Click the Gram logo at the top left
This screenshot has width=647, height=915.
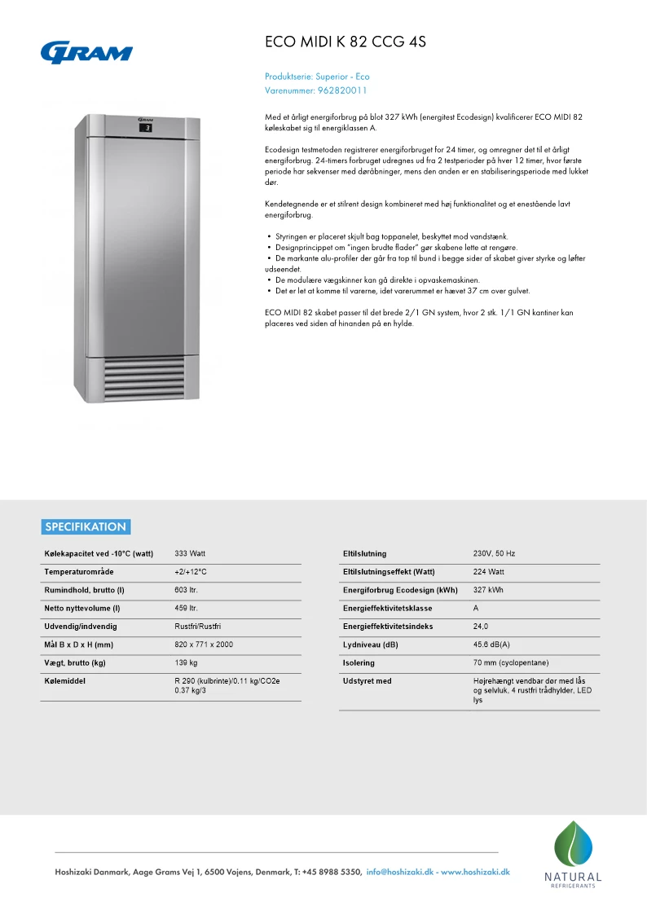click(86, 51)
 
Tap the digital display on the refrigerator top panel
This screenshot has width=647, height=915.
click(147, 128)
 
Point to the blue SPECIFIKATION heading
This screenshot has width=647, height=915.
click(86, 526)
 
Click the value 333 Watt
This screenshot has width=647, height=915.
click(191, 554)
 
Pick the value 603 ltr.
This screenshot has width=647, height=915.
click(187, 590)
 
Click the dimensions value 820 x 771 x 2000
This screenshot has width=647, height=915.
click(204, 644)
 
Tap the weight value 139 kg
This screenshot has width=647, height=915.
click(187, 662)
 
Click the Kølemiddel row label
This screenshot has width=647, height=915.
click(65, 680)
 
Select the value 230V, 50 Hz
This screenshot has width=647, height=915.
click(494, 554)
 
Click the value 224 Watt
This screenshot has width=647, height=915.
click(489, 572)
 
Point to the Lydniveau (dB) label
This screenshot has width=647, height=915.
click(371, 644)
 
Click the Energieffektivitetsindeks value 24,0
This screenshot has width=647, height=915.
click(481, 627)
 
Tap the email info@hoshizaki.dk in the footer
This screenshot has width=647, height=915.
click(400, 872)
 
